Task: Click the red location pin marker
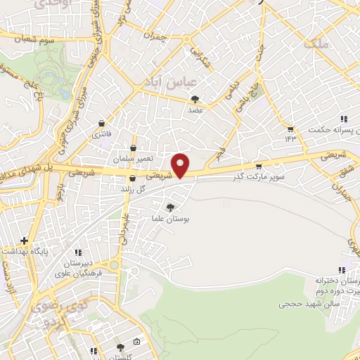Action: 181,165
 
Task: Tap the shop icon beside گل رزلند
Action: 132,179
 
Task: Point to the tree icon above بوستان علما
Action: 169,206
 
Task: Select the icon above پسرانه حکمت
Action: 344,119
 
